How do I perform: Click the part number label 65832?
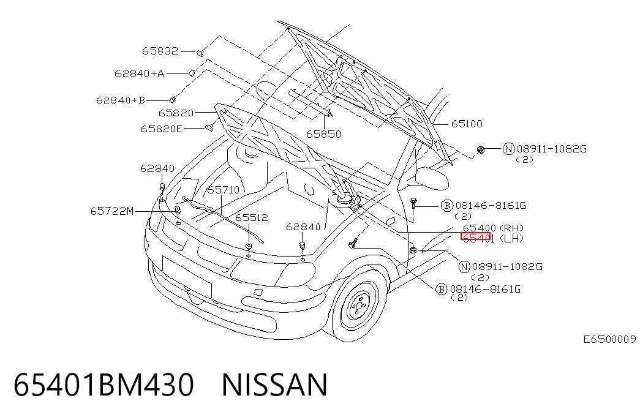click(160, 51)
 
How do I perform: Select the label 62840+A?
click(139, 73)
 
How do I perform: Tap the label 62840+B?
click(121, 100)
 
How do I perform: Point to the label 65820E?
click(162, 129)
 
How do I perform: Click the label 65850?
click(323, 134)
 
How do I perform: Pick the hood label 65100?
click(467, 124)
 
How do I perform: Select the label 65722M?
click(112, 211)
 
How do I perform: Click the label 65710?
click(224, 190)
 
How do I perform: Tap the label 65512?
click(252, 217)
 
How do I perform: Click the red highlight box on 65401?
click(475, 236)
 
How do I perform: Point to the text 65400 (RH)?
click(493, 228)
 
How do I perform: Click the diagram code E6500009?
click(610, 339)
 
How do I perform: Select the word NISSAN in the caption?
click(274, 385)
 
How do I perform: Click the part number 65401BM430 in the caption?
click(104, 385)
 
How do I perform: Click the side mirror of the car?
click(432, 178)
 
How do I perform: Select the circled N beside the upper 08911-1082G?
click(508, 149)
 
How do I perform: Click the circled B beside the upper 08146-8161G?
click(447, 205)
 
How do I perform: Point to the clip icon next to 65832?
click(200, 53)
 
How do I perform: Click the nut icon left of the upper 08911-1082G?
click(481, 150)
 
